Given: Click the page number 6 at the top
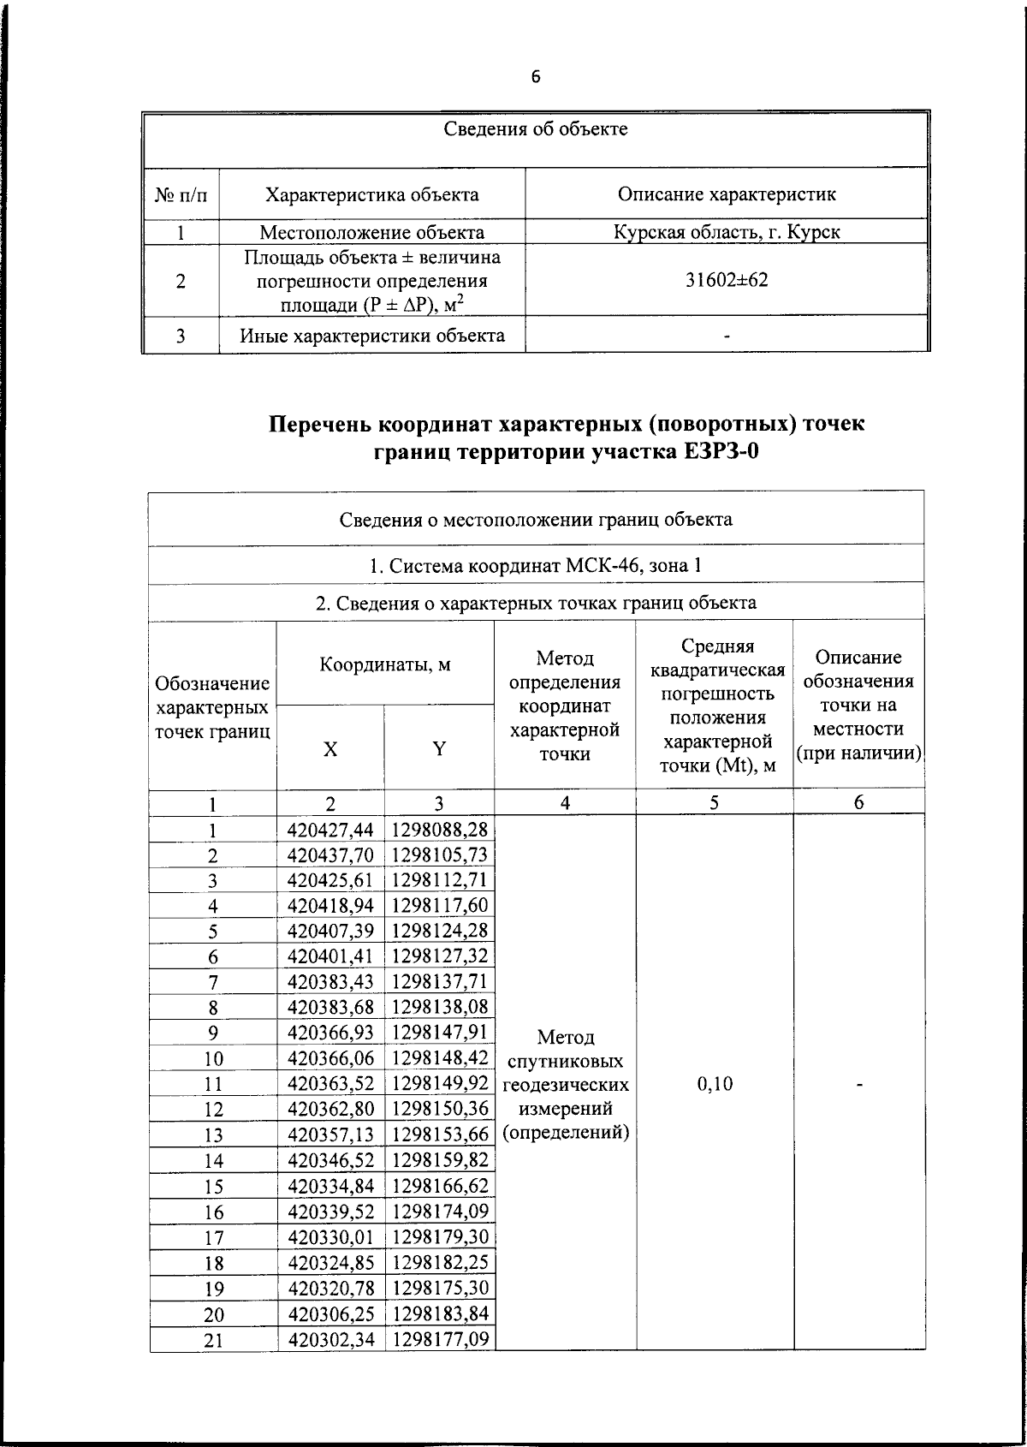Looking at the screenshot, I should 536,77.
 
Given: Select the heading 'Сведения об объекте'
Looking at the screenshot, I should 536,130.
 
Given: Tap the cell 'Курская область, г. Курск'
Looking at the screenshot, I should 727,232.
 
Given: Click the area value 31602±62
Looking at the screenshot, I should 727,280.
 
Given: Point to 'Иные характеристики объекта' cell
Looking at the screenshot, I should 371,336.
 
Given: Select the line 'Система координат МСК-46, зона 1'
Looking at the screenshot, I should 536,566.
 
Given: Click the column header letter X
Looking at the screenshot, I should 330,749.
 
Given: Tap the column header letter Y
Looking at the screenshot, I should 438,749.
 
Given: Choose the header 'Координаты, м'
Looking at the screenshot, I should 384,664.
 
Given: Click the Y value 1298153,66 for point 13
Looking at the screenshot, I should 440,1134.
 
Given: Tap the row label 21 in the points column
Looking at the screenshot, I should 213,1340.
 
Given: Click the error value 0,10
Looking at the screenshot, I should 715,1084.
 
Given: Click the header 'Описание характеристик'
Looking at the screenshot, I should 727,194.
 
